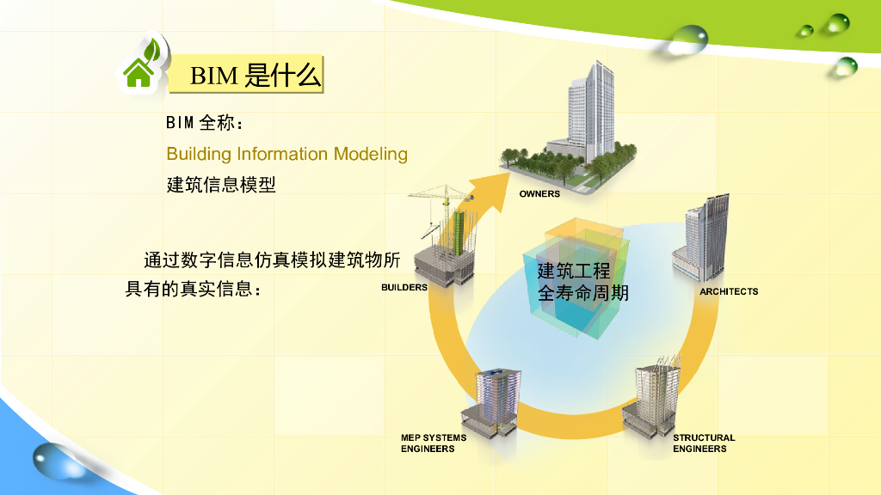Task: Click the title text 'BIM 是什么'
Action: pyautogui.click(x=256, y=76)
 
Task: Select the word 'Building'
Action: pyautogui.click(x=199, y=154)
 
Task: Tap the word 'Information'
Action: pyautogui.click(x=282, y=154)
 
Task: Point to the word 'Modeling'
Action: pyautogui.click(x=371, y=155)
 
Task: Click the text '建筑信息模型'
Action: pyautogui.click(x=221, y=184)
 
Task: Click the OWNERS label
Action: pyautogui.click(x=539, y=194)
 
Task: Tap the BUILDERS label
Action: pyautogui.click(x=404, y=288)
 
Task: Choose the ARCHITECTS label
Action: pyautogui.click(x=729, y=292)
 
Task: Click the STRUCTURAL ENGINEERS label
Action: pyautogui.click(x=704, y=443)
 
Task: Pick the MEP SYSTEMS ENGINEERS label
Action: pyautogui.click(x=434, y=443)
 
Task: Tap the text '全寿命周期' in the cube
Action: pyautogui.click(x=583, y=293)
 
